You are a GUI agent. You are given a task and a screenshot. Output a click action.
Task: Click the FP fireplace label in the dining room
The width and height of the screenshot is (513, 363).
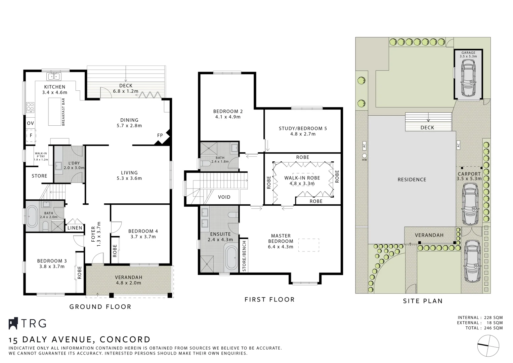coord(160,135)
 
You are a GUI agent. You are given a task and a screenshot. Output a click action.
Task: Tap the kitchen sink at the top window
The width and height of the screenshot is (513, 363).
coord(53,77)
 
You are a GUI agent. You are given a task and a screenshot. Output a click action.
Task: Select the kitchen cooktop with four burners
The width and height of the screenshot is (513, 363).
coord(30,107)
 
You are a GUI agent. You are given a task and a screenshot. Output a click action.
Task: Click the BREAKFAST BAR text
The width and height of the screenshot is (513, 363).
coord(63,112)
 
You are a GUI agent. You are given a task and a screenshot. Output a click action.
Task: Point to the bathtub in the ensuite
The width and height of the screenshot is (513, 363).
coord(231,258)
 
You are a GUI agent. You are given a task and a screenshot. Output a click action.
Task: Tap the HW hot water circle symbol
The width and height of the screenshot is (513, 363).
coord(365,156)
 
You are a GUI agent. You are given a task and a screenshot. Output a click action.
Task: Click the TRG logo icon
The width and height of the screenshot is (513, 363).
coord(13,323)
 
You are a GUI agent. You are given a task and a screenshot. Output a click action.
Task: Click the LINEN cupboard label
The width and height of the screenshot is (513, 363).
coord(75,228)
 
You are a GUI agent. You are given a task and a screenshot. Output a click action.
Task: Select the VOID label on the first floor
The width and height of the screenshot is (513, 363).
coord(224,197)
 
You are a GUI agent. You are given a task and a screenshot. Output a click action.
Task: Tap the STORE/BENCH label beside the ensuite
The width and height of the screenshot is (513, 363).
coord(244,256)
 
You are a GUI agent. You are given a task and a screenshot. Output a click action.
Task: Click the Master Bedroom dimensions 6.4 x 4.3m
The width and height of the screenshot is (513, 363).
coord(281,247)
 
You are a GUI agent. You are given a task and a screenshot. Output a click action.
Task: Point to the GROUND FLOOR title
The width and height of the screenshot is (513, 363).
coord(100,307)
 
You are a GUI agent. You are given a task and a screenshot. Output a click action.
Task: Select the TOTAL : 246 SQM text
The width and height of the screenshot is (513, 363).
coord(484,328)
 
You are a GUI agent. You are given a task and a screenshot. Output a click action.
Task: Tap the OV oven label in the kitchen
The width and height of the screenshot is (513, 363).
coord(30,123)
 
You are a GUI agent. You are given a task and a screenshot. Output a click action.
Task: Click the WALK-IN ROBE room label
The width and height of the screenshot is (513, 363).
coord(302,178)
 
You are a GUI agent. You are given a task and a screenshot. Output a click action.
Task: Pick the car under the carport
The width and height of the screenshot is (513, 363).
coord(470,205)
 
